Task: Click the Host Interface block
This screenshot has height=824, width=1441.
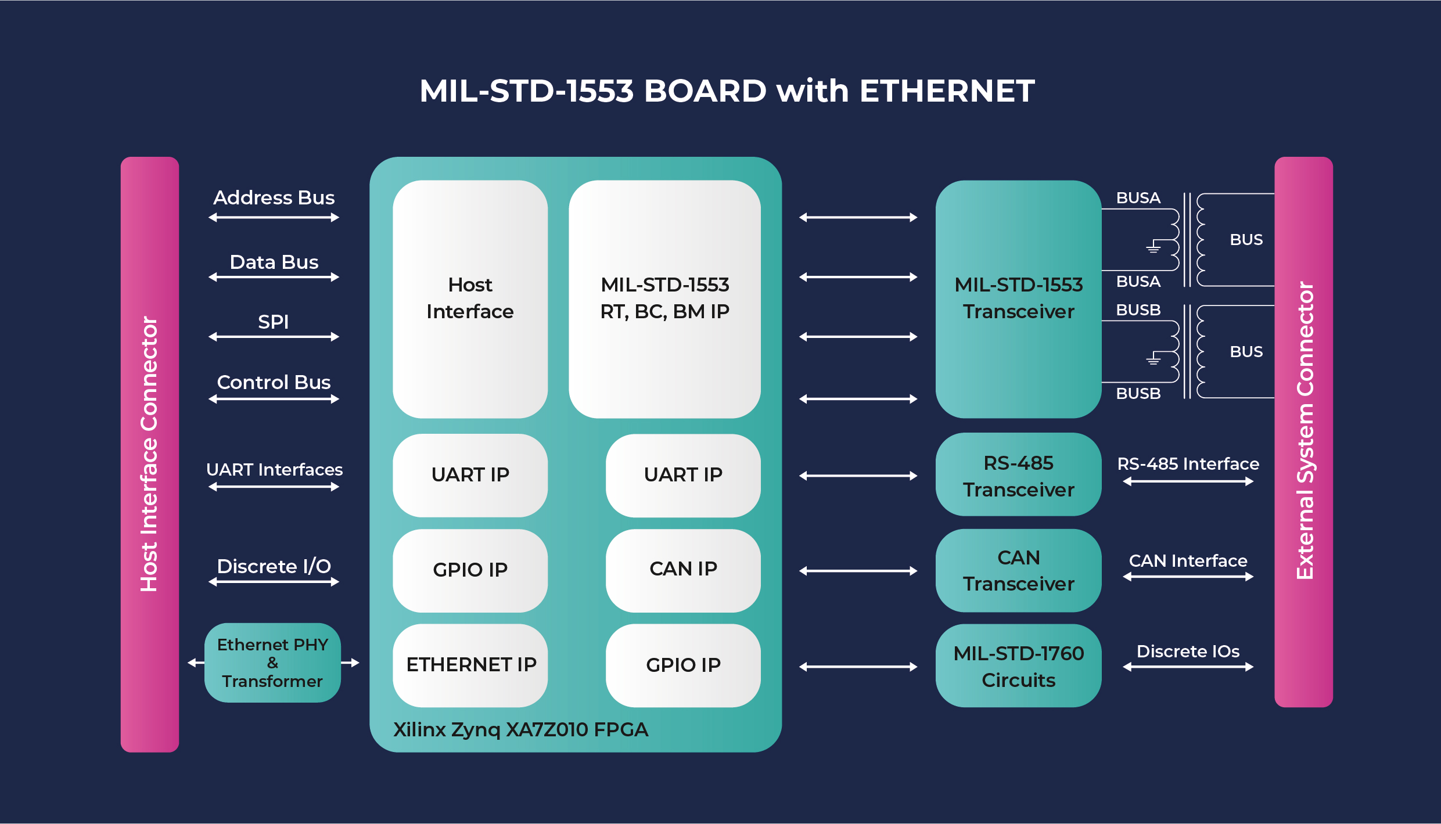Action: pos(470,298)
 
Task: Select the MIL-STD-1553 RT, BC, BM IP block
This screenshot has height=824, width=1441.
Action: pos(664,298)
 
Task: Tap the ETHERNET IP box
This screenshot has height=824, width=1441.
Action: pos(470,665)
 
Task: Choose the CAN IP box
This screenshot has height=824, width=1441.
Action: pos(683,570)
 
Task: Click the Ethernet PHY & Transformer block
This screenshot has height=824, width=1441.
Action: pos(272,663)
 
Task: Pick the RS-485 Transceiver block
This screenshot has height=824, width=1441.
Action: pos(1018,475)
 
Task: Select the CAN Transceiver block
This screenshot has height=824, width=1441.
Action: pos(1018,570)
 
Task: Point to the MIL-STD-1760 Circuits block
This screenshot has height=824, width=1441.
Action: pos(1018,666)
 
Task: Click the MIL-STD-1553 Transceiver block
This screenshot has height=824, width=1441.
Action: pos(1018,298)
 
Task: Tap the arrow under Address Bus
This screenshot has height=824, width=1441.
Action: pos(274,218)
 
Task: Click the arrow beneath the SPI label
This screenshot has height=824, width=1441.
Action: pos(274,337)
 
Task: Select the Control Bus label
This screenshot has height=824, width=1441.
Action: pos(274,382)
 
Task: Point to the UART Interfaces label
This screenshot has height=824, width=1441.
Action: pos(274,469)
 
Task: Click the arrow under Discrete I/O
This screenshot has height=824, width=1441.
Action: pos(274,582)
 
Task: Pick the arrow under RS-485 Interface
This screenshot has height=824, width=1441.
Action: pos(1188,481)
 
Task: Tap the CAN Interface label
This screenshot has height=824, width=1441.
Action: pos(1188,560)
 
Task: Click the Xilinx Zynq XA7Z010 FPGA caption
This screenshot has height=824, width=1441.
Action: pos(520,729)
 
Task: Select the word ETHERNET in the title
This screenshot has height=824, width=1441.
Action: pos(947,91)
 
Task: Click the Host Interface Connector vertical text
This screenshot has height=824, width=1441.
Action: pos(149,454)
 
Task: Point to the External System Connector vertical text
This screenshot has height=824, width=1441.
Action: pos(1305,431)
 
